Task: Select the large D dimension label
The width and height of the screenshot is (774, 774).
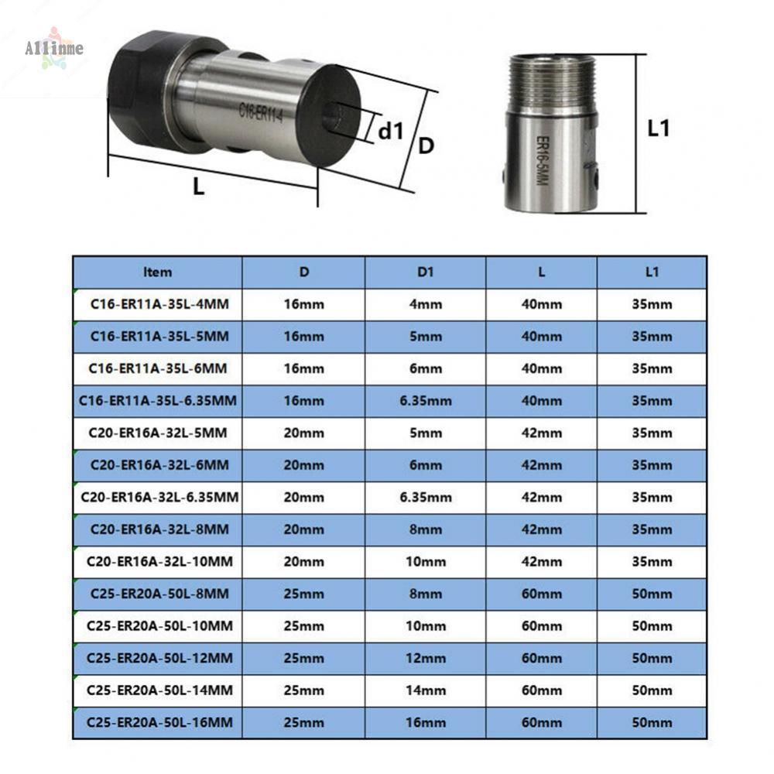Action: point(426,146)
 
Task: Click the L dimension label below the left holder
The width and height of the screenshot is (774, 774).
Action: point(198,187)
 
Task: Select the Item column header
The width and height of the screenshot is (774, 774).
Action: point(158,272)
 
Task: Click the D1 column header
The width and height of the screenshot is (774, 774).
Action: point(425,272)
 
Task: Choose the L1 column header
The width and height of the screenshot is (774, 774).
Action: point(651,272)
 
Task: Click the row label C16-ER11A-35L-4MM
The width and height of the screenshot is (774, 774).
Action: point(158,304)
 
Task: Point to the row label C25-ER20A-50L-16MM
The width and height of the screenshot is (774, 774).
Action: point(158,722)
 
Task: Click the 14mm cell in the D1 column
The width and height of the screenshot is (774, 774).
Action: point(425,690)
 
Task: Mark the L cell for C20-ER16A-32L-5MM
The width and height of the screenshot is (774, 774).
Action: point(541,433)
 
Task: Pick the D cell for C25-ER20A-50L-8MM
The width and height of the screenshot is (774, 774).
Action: point(303,594)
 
